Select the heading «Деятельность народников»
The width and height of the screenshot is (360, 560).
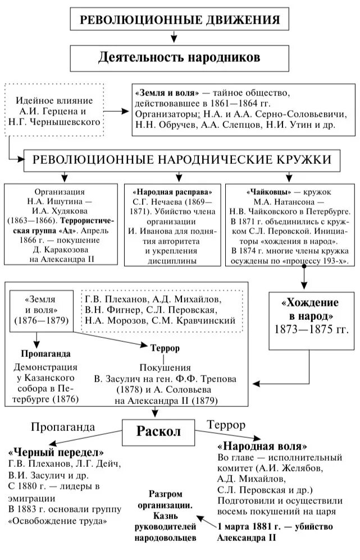point(179,57)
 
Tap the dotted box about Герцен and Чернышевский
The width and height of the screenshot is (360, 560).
point(55,111)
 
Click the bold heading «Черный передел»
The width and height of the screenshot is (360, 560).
point(56,453)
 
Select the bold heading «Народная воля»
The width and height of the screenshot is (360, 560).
point(262,447)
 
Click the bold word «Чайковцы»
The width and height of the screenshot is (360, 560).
point(258,190)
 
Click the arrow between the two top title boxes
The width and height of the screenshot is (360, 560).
point(174,37)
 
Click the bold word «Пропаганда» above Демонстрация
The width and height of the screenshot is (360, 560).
point(45,355)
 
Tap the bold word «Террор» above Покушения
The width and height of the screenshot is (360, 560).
point(165,348)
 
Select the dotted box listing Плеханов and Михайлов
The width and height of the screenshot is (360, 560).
point(163,309)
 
